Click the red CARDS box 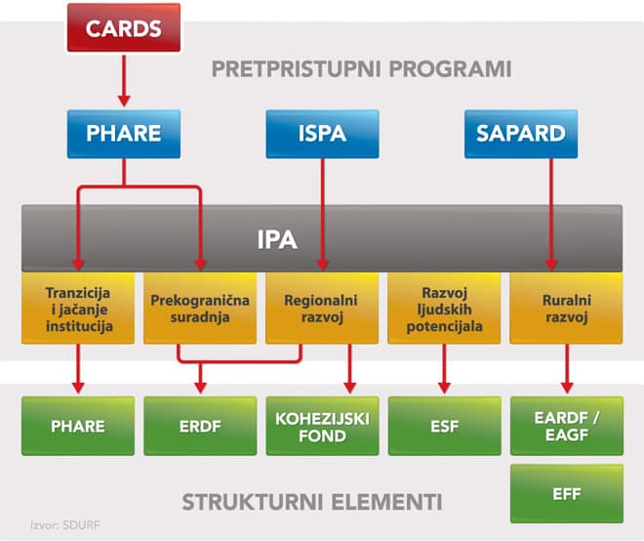[124, 27]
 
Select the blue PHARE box [123, 133]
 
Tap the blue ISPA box [321, 133]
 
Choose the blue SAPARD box [521, 133]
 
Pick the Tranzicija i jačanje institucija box [79, 308]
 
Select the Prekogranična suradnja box [200, 308]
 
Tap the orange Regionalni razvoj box [321, 308]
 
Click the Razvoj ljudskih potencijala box [444, 308]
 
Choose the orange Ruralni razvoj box [566, 308]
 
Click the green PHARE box [79, 426]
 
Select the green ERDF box [200, 426]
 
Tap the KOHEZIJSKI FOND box [321, 426]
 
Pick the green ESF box [444, 426]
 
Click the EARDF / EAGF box [566, 426]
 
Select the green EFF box [566, 494]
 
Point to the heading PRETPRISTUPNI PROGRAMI [361, 70]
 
